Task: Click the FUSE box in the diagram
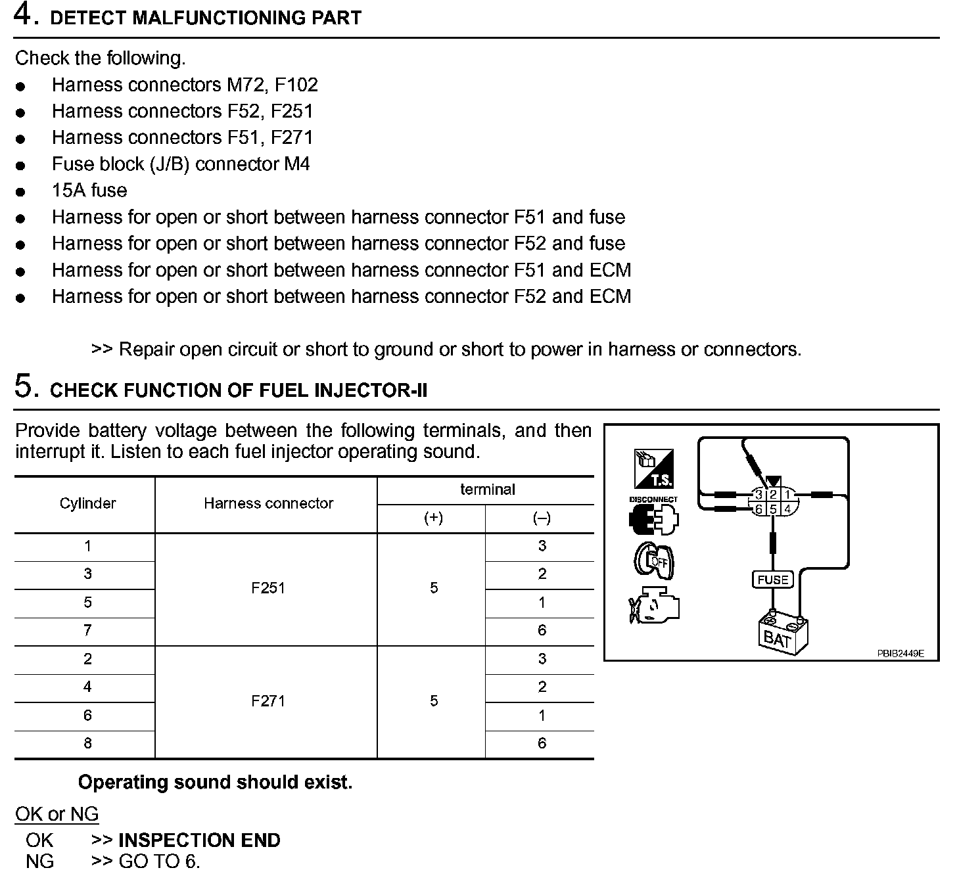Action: [772, 580]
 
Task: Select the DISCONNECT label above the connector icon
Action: [653, 499]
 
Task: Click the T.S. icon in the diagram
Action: [653, 468]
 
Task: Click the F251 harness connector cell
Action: [268, 588]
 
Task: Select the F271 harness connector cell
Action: [268, 701]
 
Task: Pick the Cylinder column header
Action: [87, 503]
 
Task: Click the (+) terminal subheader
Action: [433, 518]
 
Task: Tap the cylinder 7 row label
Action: [87, 631]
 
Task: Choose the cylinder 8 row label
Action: [87, 744]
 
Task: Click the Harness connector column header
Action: [268, 503]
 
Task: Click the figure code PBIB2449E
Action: [900, 653]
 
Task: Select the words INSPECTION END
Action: [199, 840]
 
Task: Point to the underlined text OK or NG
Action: [57, 814]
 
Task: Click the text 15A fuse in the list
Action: [89, 191]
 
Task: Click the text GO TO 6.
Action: [159, 861]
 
